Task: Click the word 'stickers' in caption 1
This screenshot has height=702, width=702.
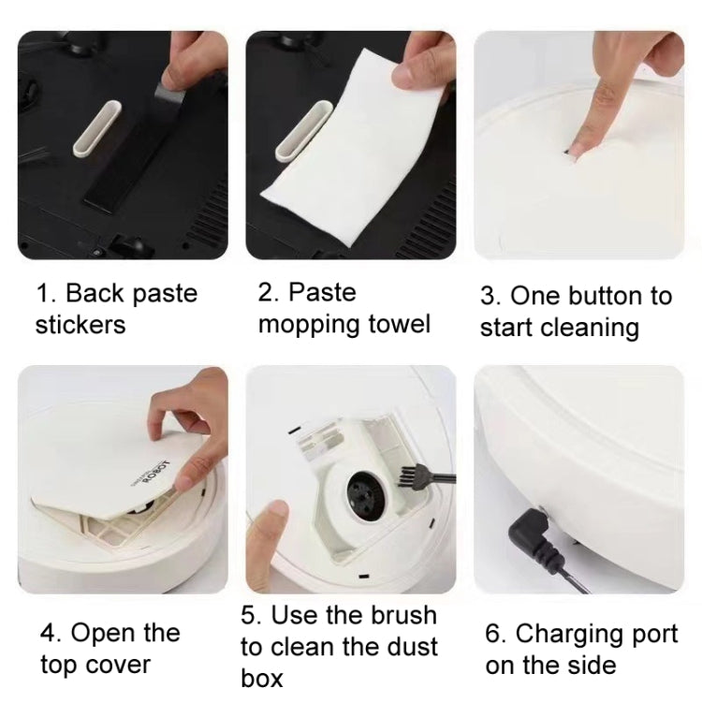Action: [80, 326]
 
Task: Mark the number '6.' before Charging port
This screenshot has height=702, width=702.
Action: [496, 634]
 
